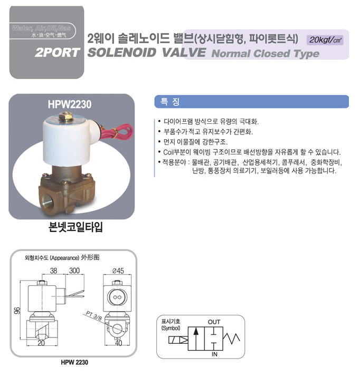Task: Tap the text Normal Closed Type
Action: (x=265, y=54)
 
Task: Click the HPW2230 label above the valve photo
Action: (x=69, y=104)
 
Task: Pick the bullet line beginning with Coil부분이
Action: (x=249, y=152)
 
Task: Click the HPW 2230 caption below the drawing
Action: (x=74, y=362)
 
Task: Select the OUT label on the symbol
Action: (x=214, y=322)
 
